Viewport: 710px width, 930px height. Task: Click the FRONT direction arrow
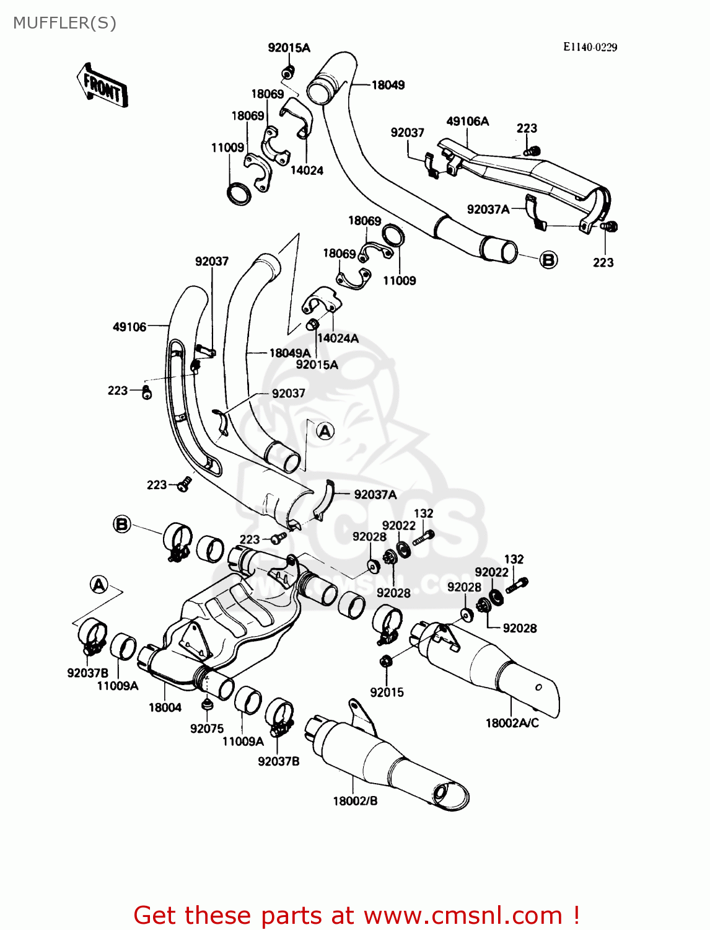(102, 85)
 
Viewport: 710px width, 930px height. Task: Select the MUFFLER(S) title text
(65, 24)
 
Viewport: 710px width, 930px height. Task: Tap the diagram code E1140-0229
(590, 47)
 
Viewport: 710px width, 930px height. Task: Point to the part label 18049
(388, 85)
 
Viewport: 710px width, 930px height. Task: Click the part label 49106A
(467, 122)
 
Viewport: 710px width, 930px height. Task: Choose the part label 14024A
(338, 338)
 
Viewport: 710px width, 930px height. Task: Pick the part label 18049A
(290, 353)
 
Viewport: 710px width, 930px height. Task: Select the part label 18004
(165, 707)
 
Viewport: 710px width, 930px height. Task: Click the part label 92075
(206, 728)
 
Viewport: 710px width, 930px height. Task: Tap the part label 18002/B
(355, 801)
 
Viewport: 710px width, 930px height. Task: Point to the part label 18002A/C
(512, 724)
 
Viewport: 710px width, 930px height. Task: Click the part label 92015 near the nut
(387, 693)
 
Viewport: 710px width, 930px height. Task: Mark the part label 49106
(129, 327)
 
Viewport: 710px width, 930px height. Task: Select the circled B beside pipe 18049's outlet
(549, 259)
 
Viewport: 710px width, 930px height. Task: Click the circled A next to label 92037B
(99, 585)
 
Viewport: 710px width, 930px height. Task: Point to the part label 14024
(307, 170)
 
